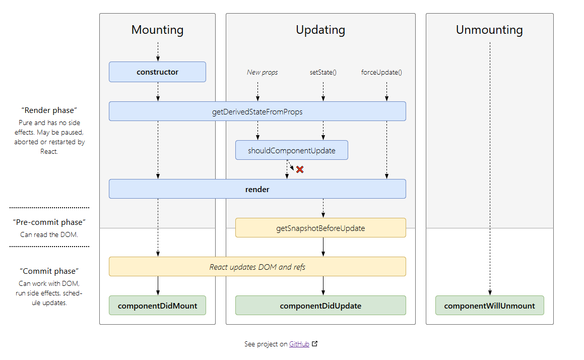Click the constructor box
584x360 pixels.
(157, 72)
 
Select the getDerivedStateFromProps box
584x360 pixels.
(257, 111)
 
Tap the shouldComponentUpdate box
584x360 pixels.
(292, 150)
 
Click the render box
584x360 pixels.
(257, 189)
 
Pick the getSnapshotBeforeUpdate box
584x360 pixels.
(320, 228)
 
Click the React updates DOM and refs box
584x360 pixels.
(257, 266)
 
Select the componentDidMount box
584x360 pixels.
(157, 305)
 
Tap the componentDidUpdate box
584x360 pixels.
(320, 305)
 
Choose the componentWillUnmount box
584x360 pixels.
(489, 305)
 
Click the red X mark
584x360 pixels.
(300, 169)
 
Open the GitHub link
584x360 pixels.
(299, 344)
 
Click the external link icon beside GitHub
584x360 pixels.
(315, 343)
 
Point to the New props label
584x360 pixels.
(262, 72)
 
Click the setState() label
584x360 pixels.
(323, 72)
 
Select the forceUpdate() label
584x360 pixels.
(381, 72)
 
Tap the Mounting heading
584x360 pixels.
(157, 30)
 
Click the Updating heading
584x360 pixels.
(320, 30)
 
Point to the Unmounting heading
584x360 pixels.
(489, 30)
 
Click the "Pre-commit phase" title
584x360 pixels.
(49, 222)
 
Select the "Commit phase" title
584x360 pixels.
(49, 271)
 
